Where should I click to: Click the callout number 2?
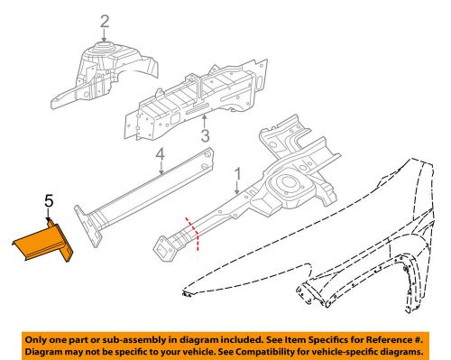pos(105,22)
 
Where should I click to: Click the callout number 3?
pos(205,135)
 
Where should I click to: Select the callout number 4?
pos(161,155)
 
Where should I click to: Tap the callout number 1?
pos(237,174)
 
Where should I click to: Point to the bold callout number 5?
pos(49,200)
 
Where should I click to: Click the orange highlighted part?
pos(42,242)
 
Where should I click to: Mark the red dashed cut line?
pos(193,234)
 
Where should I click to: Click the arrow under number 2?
pos(104,35)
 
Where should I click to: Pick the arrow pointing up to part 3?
pos(204,122)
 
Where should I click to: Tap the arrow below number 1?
pos(237,188)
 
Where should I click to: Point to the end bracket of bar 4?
pos(89,226)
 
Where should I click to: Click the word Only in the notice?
pos(36,340)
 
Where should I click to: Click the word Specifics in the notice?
pos(327,340)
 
